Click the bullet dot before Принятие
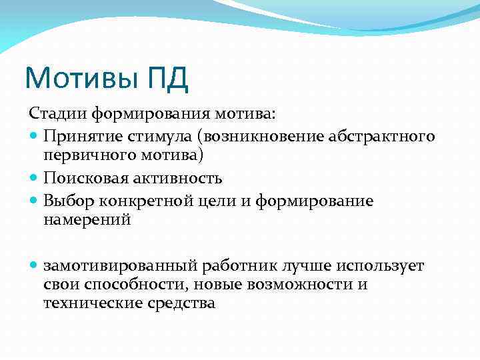[x=34, y=137]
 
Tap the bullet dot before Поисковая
[x=34, y=179]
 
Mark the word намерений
[x=87, y=220]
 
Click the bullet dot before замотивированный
[x=34, y=265]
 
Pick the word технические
[x=88, y=303]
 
